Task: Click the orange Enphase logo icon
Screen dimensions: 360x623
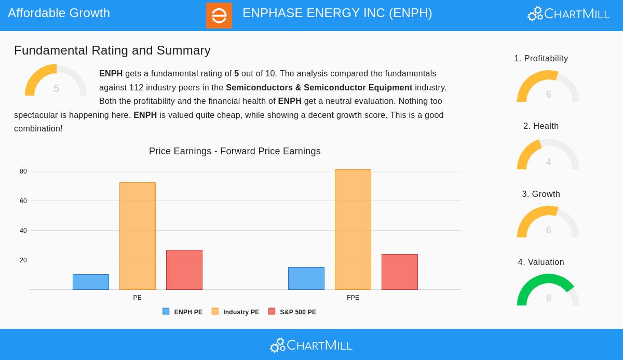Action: (219, 15)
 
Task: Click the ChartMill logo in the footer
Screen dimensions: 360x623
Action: (311, 345)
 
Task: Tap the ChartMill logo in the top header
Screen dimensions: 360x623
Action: (568, 14)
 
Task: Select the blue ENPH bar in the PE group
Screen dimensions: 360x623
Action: (91, 282)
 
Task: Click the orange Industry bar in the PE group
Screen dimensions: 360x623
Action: (138, 236)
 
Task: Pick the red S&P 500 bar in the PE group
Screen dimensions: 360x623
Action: (184, 270)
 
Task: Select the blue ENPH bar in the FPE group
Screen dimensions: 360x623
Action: (306, 278)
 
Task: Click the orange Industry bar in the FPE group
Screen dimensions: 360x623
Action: (353, 230)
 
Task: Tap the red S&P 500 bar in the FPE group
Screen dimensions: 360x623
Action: (400, 272)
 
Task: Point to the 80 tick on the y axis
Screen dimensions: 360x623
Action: (23, 171)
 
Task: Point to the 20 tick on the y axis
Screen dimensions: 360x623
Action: (23, 260)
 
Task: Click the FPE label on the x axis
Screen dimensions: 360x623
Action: (353, 298)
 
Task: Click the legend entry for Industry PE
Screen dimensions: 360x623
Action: (236, 312)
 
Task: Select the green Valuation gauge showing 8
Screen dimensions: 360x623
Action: (548, 291)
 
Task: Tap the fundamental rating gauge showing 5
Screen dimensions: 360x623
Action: (56, 82)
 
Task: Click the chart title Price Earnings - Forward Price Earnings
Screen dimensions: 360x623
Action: (235, 151)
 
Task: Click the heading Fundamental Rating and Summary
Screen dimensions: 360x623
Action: (112, 50)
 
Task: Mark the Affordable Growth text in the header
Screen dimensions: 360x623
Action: (59, 13)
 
